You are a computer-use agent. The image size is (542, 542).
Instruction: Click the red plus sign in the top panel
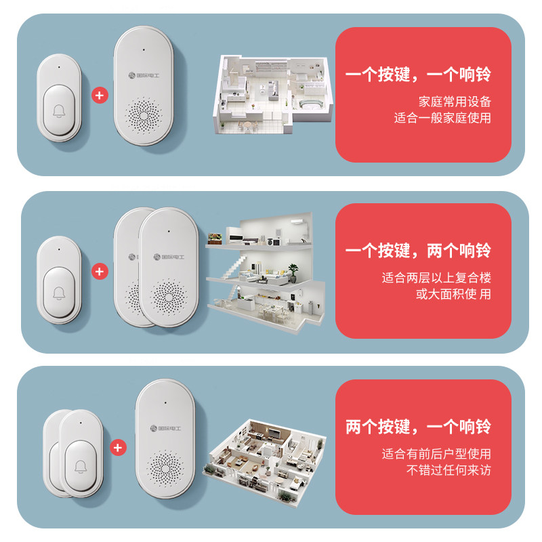(x=100, y=95)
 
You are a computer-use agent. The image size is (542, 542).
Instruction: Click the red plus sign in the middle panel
(x=100, y=272)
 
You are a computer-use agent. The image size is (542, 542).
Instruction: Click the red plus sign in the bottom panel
(x=119, y=448)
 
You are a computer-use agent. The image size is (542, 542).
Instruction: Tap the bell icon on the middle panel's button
(x=60, y=293)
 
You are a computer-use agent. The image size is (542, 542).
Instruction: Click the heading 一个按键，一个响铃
(x=418, y=74)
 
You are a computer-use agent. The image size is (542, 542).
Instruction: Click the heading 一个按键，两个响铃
(x=418, y=251)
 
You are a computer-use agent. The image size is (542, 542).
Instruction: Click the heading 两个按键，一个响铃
(x=418, y=428)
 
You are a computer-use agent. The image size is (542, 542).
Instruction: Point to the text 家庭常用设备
(x=454, y=102)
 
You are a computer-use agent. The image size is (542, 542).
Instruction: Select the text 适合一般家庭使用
(x=442, y=117)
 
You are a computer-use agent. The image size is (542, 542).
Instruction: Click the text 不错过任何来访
(x=449, y=470)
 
